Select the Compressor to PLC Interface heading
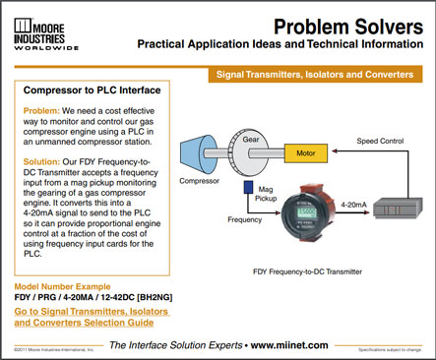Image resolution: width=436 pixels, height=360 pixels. click(x=93, y=90)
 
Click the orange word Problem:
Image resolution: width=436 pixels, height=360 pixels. click(x=44, y=112)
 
